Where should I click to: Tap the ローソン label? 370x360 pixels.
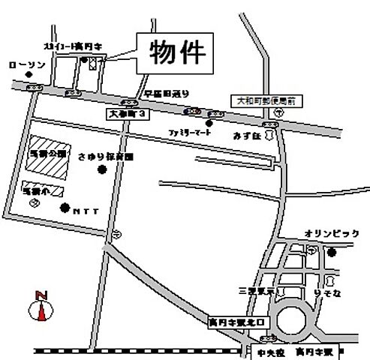point(27,65)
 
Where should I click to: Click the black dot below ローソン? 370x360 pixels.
point(29,75)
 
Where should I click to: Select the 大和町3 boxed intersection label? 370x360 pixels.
point(129,112)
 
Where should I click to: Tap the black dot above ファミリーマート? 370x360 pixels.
point(209,122)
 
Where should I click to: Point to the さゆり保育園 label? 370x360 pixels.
point(104,158)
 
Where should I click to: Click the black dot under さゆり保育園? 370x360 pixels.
point(103,170)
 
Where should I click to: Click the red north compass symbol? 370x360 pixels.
point(42,307)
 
